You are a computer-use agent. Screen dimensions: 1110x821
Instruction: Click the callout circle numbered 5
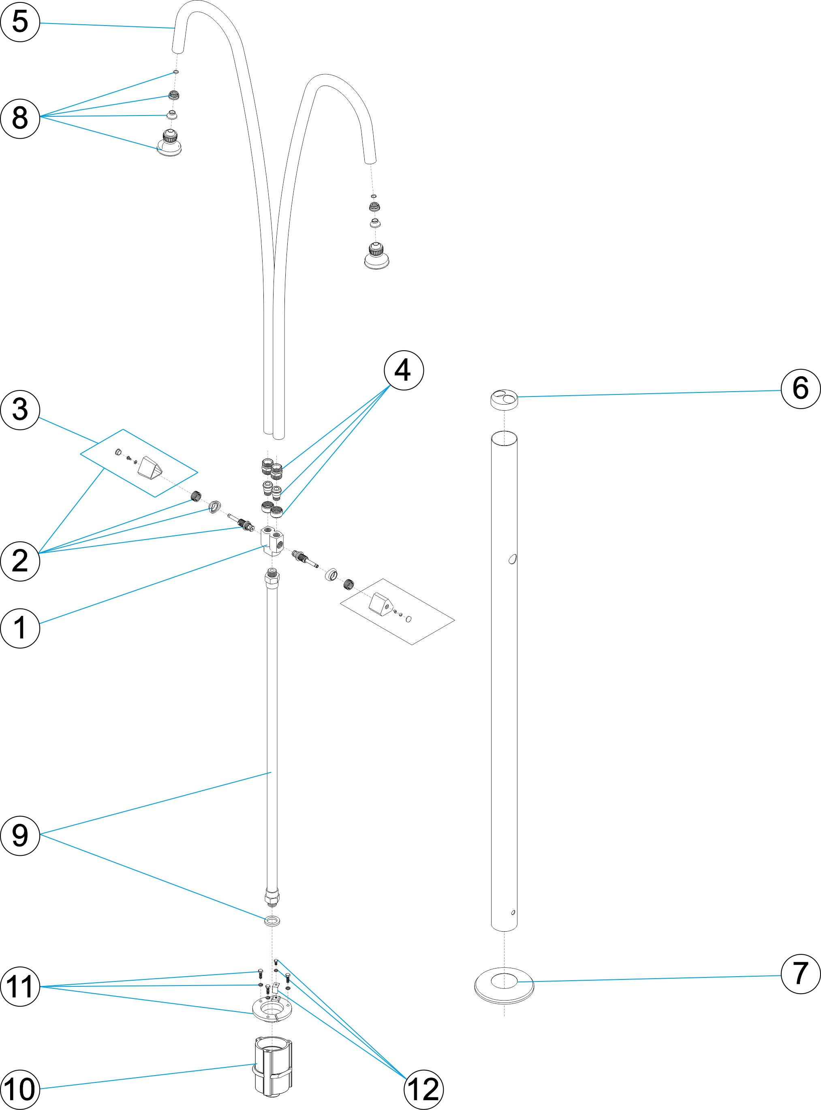(x=20, y=22)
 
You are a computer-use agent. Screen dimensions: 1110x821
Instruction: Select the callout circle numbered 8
(x=20, y=118)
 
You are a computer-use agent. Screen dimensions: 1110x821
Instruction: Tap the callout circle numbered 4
(x=404, y=370)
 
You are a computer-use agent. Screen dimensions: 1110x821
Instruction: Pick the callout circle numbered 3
(x=20, y=409)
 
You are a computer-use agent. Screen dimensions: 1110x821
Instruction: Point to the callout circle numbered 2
(x=20, y=561)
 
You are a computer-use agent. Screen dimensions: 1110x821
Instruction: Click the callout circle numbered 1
(x=20, y=628)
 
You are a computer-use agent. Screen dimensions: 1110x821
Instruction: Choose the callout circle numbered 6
(x=800, y=389)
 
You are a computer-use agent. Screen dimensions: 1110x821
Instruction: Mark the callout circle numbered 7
(x=800, y=973)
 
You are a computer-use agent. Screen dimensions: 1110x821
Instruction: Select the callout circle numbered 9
(x=20, y=835)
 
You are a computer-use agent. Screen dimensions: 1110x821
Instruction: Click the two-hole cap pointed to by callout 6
(x=504, y=400)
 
